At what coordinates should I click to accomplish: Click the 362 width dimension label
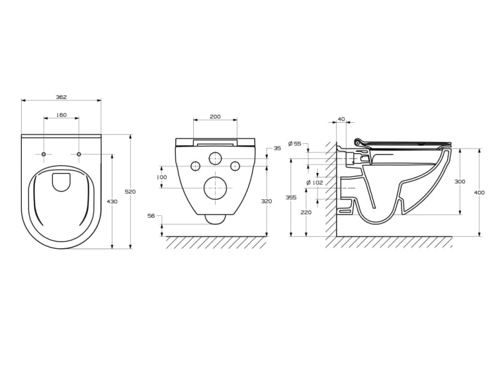[x=62, y=97]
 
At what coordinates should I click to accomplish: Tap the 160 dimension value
[x=62, y=115]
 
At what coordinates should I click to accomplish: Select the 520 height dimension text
[x=130, y=191]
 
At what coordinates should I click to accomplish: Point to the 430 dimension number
[x=112, y=201]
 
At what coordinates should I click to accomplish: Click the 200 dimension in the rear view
[x=215, y=116]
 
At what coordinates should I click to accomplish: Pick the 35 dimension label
[x=277, y=148]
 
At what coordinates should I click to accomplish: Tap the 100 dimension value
[x=161, y=177]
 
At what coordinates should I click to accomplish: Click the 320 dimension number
[x=267, y=201]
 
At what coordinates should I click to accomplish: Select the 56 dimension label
[x=151, y=216]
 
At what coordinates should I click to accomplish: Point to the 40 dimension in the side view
[x=341, y=119]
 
